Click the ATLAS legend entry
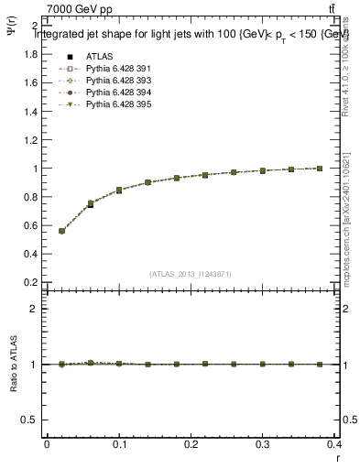[98, 57]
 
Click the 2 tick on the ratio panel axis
[34, 309]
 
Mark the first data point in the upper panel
[61, 231]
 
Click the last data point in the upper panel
[320, 169]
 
